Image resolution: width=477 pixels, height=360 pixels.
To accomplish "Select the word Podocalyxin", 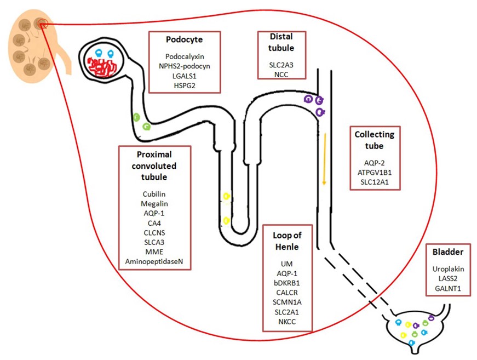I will tap(184, 56).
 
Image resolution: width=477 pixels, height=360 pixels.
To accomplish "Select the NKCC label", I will tap(287, 321).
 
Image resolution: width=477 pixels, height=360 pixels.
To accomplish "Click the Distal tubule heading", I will tap(281, 43).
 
